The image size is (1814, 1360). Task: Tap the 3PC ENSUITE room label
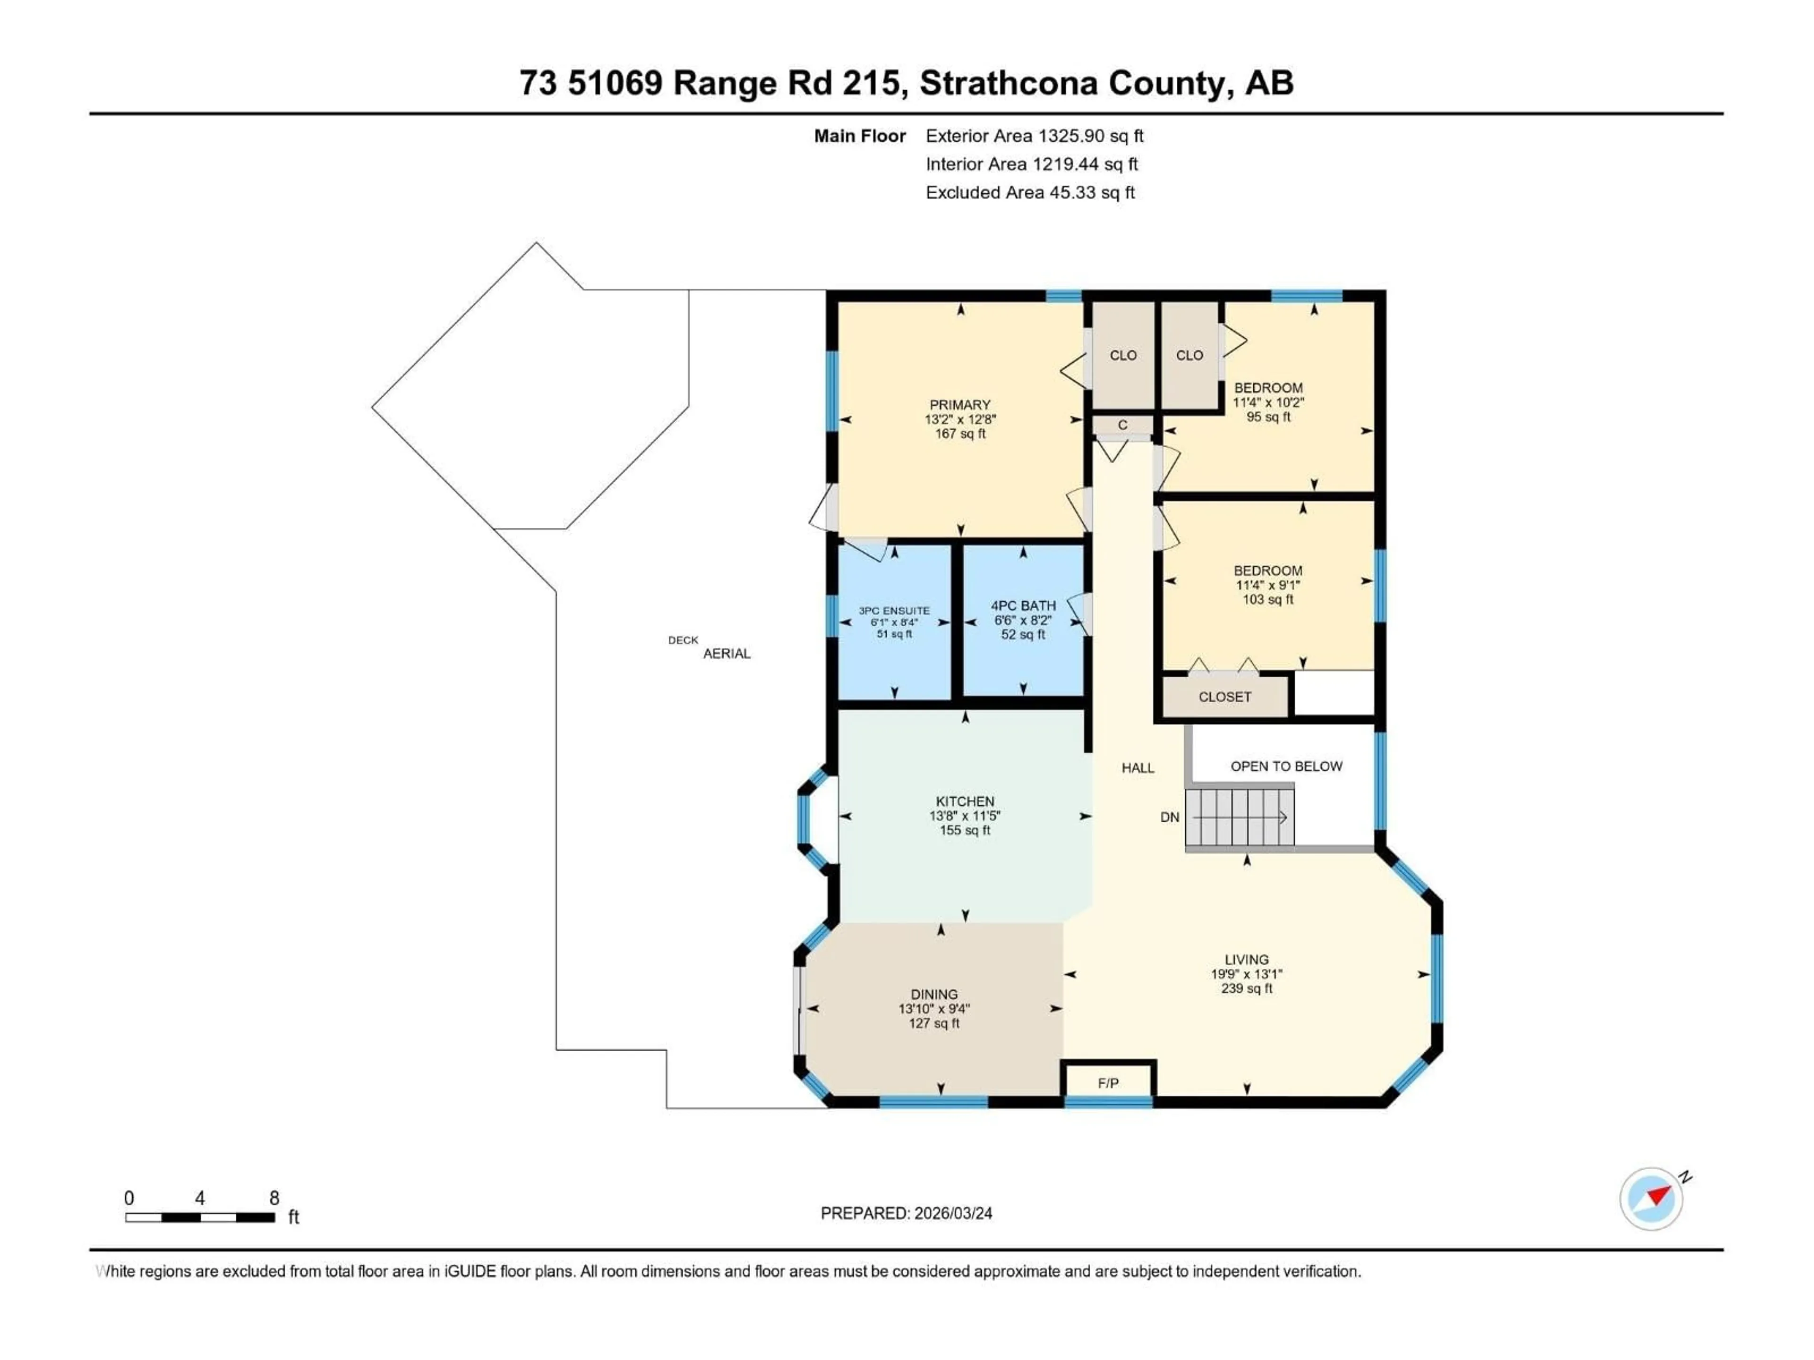click(x=894, y=611)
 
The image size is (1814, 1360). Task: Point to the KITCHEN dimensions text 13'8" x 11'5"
click(x=965, y=816)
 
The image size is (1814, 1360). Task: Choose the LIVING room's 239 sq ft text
click(x=1247, y=989)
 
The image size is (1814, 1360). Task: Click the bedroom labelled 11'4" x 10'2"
click(x=1268, y=402)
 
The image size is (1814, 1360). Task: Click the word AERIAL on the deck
click(x=727, y=654)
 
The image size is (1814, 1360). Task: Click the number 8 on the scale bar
click(x=275, y=1198)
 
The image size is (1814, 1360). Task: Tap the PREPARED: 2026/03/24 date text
click(x=906, y=1213)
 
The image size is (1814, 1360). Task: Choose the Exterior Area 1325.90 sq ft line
click(x=1034, y=136)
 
